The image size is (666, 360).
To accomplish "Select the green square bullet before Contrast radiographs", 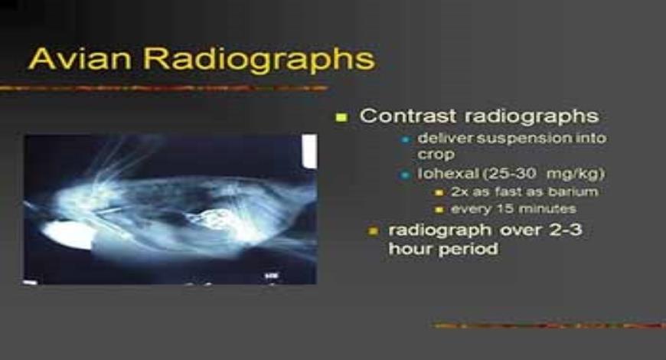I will [342, 117].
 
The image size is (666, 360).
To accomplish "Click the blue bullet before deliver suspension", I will [406, 139].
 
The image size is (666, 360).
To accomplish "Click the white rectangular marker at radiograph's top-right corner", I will [309, 151].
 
